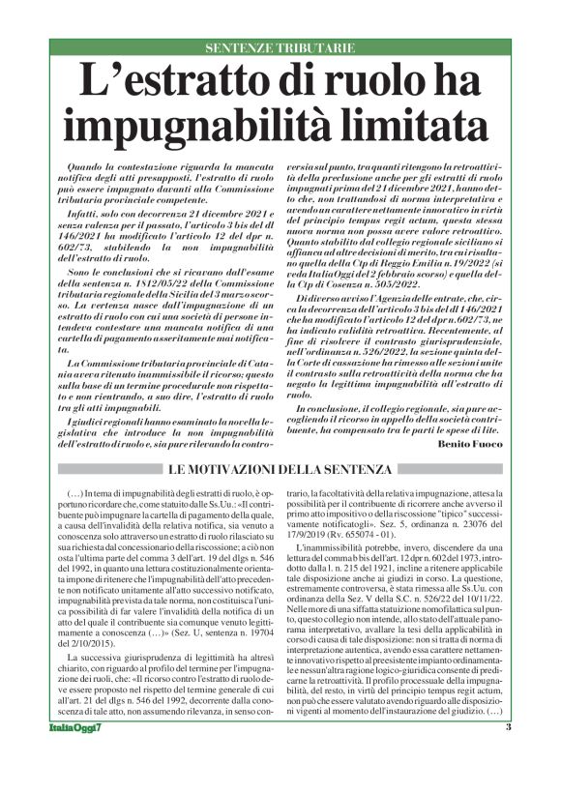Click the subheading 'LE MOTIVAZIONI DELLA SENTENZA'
click(279, 470)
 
